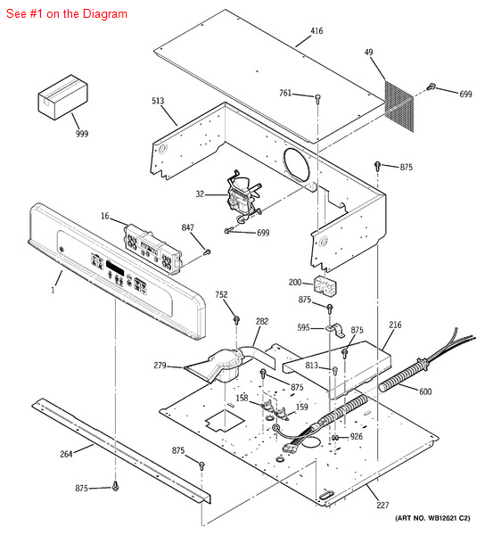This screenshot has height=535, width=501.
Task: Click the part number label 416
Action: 316,31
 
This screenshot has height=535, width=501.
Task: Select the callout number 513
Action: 158,102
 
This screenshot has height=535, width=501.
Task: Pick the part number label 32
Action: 200,193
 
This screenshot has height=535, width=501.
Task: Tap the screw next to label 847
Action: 207,252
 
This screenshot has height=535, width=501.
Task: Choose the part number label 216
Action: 395,325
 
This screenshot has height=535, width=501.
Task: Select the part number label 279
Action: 160,366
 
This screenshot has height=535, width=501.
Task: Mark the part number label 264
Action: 66,453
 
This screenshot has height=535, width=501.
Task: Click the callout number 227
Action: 382,506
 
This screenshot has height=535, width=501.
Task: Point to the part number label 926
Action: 356,437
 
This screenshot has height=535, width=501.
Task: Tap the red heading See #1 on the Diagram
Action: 65,13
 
